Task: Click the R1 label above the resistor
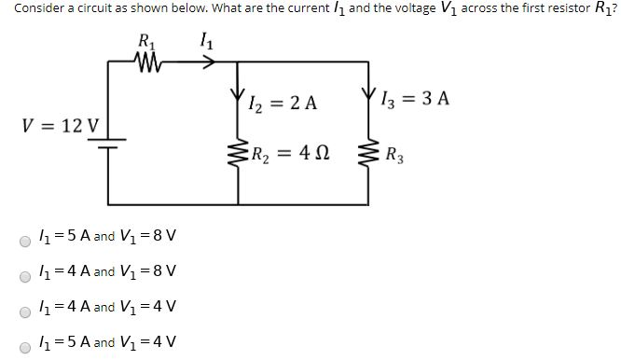pyautogui.click(x=147, y=41)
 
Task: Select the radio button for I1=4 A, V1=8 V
pyautogui.click(x=25, y=275)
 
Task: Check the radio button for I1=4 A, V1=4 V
pyautogui.click(x=25, y=309)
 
